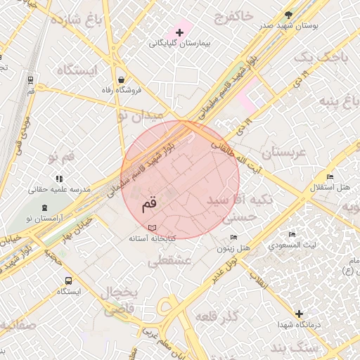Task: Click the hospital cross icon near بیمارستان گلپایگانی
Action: (179, 32)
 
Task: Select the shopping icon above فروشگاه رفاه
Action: (123, 79)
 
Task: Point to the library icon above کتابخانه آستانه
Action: (153, 228)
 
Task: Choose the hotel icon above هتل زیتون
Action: (233, 237)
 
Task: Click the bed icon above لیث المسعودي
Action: (292, 234)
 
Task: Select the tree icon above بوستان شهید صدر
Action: (289, 15)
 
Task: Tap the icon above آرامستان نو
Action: (46, 208)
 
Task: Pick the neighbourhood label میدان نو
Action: (140, 114)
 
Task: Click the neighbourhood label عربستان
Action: (285, 153)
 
